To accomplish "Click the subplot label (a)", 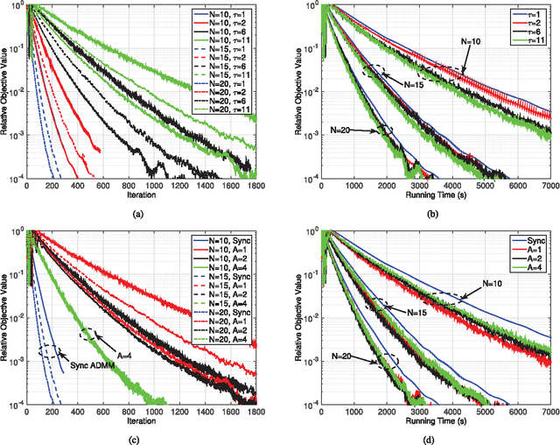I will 136,214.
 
